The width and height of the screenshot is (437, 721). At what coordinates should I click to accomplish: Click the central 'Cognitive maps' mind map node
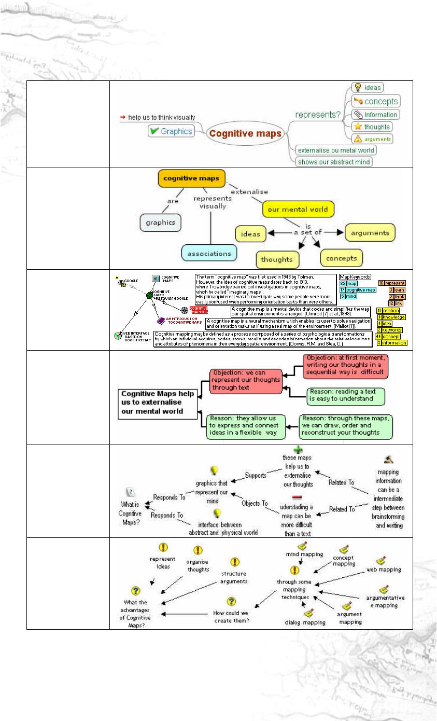(245, 133)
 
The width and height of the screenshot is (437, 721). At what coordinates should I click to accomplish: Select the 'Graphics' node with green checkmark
(171, 131)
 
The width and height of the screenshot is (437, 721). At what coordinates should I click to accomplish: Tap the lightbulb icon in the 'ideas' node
(357, 88)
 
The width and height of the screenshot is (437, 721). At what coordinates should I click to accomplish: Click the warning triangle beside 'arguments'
(357, 139)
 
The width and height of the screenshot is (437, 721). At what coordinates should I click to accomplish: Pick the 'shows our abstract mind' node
(334, 161)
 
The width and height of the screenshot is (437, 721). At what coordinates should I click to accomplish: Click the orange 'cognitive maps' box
(192, 179)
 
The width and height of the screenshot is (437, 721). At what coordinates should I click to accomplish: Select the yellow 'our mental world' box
(298, 209)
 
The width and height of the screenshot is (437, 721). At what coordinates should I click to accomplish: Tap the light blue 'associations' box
(209, 253)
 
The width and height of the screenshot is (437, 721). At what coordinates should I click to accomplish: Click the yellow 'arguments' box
(370, 233)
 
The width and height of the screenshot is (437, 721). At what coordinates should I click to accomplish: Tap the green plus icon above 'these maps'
(297, 450)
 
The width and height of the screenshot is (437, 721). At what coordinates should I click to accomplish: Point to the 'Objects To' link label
(255, 503)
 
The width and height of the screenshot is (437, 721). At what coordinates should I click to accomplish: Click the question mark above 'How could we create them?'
(232, 601)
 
